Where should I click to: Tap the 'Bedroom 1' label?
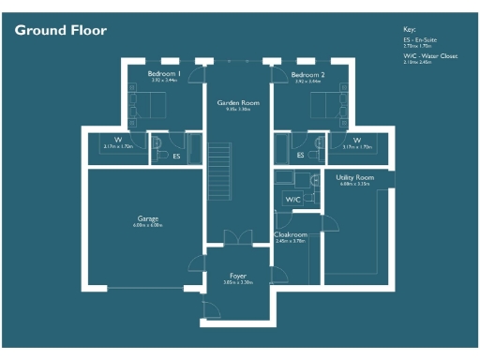163,73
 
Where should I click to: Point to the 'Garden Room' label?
237,102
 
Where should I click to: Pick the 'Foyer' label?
238,276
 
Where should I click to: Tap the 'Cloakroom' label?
291,234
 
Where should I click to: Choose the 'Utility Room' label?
355,176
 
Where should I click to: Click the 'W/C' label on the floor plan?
292,199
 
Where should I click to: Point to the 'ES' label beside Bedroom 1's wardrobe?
176,156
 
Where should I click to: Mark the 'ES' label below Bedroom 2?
300,155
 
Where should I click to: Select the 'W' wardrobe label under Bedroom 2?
356,141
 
